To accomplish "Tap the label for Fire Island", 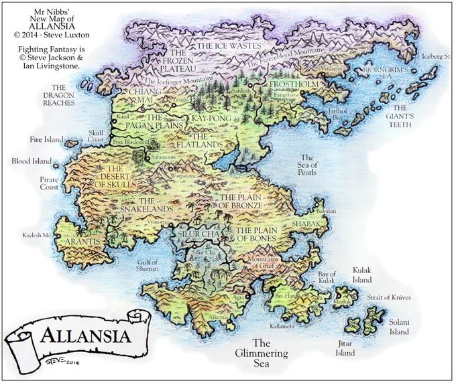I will tap(46, 140).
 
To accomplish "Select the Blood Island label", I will tap(31, 161).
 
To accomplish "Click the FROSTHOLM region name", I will tap(294, 86).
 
